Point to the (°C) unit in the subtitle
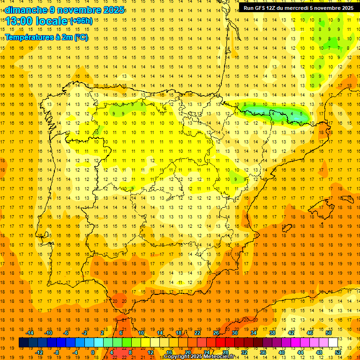pos(81,37)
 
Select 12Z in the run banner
pos(272,8)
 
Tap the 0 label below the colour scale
pos(93,352)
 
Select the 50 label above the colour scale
pos(328,333)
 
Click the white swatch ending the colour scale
pos(333,343)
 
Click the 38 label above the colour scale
pos(272,333)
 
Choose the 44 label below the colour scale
pos(300,352)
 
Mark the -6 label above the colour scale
pos(66,333)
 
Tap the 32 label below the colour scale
pos(244,352)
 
